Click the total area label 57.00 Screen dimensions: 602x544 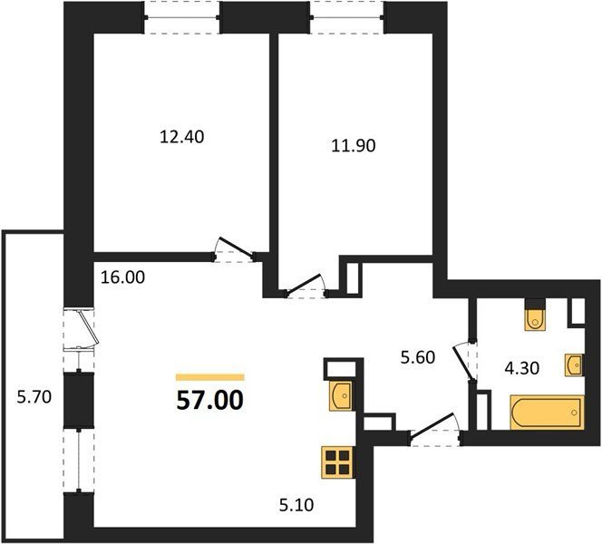pyautogui.click(x=210, y=400)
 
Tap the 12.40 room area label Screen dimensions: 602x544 pyautogui.click(x=181, y=137)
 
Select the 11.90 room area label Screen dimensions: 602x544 pyautogui.click(x=354, y=146)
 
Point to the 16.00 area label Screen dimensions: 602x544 pyautogui.click(x=123, y=277)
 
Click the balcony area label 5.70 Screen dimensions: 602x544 pyautogui.click(x=34, y=396)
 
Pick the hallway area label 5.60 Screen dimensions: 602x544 pyautogui.click(x=418, y=357)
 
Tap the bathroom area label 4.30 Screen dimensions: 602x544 pyautogui.click(x=521, y=368)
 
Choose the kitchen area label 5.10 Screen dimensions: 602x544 pyautogui.click(x=296, y=505)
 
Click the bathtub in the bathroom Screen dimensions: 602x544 pyautogui.click(x=547, y=412)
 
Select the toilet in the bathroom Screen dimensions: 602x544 pyautogui.click(x=535, y=315)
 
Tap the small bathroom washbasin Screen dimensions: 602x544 pyautogui.click(x=574, y=364)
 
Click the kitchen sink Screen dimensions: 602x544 pyautogui.click(x=341, y=396)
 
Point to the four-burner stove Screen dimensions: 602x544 pyautogui.click(x=337, y=462)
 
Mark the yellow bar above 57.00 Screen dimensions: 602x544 pyautogui.click(x=210, y=377)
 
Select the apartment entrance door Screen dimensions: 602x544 pyautogui.click(x=436, y=429)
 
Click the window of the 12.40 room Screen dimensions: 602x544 pyautogui.click(x=181, y=17)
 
